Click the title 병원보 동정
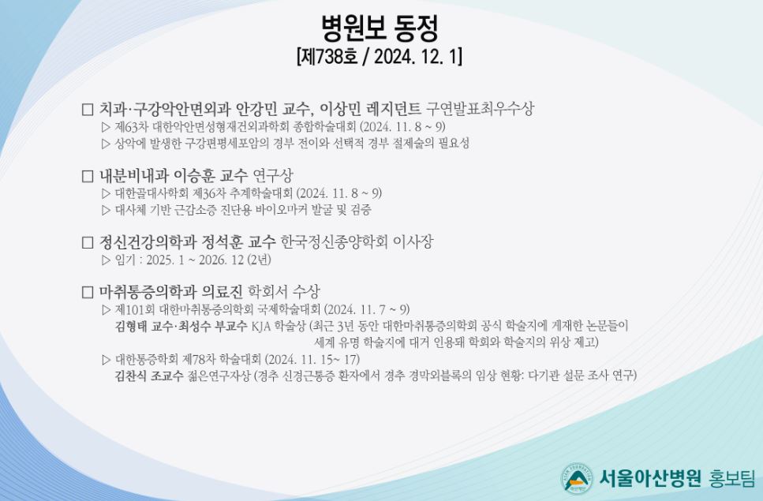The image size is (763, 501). coord(380,28)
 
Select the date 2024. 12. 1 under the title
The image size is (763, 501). coord(417,57)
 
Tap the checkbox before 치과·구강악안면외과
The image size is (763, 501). coord(88,109)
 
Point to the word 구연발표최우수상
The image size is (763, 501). coord(480,107)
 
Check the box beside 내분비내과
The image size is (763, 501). coord(88,176)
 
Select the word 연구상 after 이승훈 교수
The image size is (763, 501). coord(273,174)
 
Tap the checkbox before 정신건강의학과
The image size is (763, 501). coord(88,242)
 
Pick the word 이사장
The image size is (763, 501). coord(413,241)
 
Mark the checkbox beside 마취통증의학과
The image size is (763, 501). coord(88,292)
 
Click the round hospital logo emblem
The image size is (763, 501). coord(577,479)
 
